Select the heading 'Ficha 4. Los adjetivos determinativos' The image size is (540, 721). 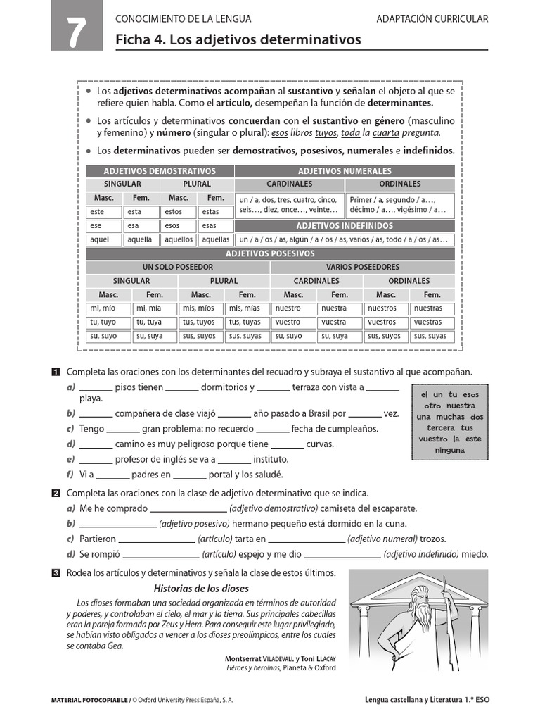238,40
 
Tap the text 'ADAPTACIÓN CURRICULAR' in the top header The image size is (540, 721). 432,19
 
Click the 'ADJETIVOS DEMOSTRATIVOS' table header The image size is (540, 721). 160,171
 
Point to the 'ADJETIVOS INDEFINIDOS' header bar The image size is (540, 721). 345,226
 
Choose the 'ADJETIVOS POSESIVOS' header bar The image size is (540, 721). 270,253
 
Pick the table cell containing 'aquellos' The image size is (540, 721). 179,239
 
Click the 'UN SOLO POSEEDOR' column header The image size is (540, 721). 177,267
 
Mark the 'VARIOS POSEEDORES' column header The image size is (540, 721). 362,267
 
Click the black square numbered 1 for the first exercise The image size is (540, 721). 56,372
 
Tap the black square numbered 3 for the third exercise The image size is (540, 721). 56,573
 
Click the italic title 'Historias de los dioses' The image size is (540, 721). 201,589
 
